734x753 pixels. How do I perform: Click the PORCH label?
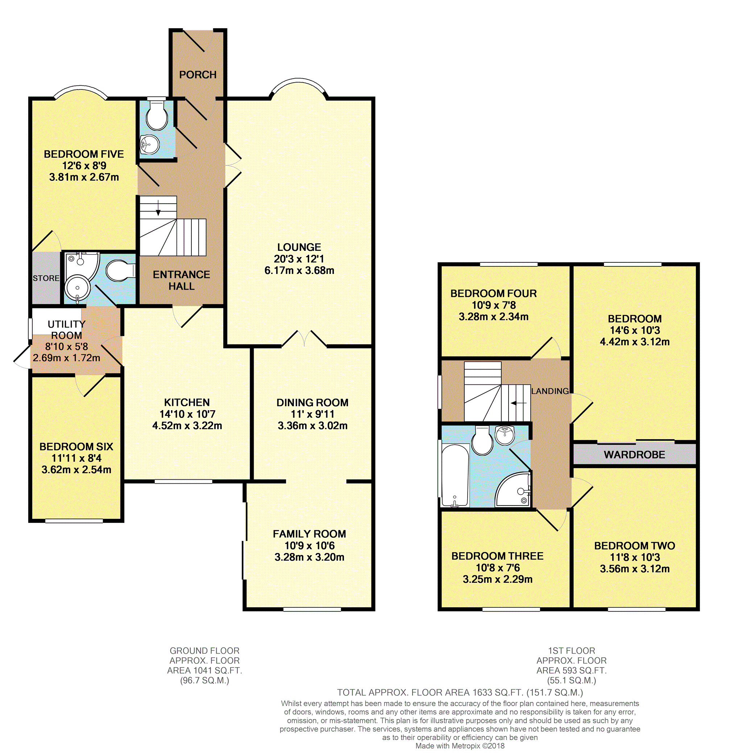pyautogui.click(x=198, y=75)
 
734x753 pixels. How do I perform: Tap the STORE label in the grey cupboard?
pyautogui.click(x=46, y=278)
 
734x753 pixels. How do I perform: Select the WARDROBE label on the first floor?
pyautogui.click(x=634, y=455)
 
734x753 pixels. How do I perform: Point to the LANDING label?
pyautogui.click(x=550, y=391)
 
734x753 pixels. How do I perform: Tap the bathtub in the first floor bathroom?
pyautogui.click(x=455, y=475)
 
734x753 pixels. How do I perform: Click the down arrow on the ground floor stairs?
pyautogui.click(x=158, y=208)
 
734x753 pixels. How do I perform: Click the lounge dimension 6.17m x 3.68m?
pyautogui.click(x=299, y=271)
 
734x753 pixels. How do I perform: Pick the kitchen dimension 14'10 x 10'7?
pyautogui.click(x=187, y=414)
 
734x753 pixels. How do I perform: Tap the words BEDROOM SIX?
pyautogui.click(x=76, y=447)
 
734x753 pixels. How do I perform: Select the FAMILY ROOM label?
pyautogui.click(x=309, y=534)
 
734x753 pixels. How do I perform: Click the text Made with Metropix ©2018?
pyautogui.click(x=460, y=746)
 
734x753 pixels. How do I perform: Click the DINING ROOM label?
pyautogui.click(x=312, y=403)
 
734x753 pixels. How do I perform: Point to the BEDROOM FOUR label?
pyautogui.click(x=493, y=294)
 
